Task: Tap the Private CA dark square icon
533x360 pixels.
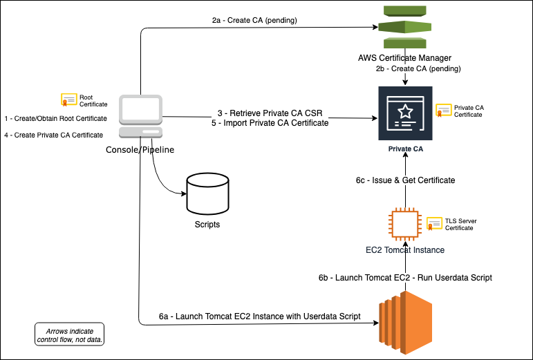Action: (405, 114)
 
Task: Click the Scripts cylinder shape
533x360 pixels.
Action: (207, 193)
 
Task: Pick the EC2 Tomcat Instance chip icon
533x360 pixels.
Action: (405, 225)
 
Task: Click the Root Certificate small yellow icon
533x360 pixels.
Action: (68, 101)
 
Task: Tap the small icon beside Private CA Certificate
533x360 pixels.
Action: (443, 111)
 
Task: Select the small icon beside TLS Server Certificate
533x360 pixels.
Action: (434, 223)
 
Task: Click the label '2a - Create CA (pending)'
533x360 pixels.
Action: (254, 20)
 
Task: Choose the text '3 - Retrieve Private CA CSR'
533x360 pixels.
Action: (270, 113)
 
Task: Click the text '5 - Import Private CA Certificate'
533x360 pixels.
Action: (270, 124)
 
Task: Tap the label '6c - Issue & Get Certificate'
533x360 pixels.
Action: (401, 180)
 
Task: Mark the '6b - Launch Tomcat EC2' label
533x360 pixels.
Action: (405, 277)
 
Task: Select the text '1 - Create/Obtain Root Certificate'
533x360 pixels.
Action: (55, 119)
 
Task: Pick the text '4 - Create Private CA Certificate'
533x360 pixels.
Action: (54, 135)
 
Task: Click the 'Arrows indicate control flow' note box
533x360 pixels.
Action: (69, 334)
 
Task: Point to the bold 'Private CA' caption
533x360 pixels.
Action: (405, 149)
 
